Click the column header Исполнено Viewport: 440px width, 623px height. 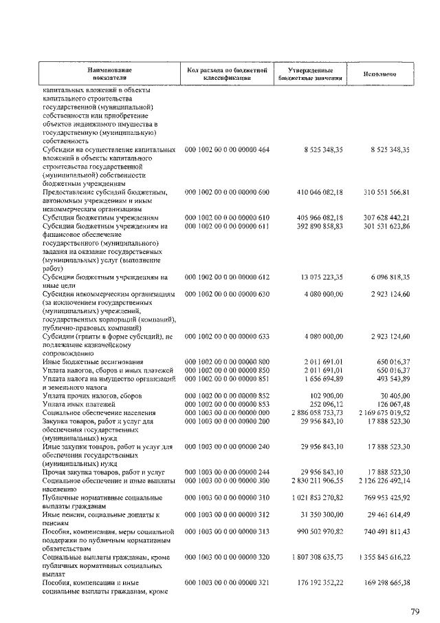[379, 74]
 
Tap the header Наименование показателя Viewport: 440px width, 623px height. [109, 74]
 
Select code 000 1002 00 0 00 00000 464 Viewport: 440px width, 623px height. [228, 149]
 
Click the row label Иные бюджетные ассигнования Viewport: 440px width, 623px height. [93, 361]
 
